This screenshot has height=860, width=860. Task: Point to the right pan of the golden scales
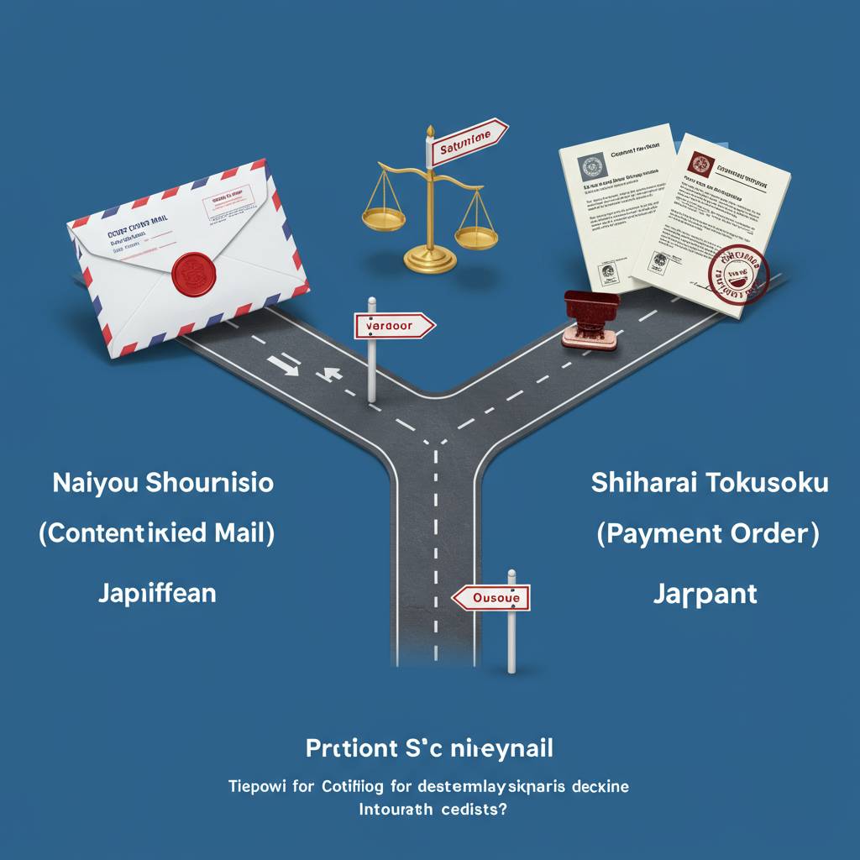(475, 233)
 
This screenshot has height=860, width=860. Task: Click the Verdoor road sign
(393, 326)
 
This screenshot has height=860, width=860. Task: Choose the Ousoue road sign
(492, 598)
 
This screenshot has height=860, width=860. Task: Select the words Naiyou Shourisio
(162, 484)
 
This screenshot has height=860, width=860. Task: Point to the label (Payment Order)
(708, 535)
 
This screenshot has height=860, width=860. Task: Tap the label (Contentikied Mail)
(156, 535)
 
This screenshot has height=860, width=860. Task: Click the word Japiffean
(157, 593)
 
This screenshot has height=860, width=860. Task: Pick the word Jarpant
(705, 594)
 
